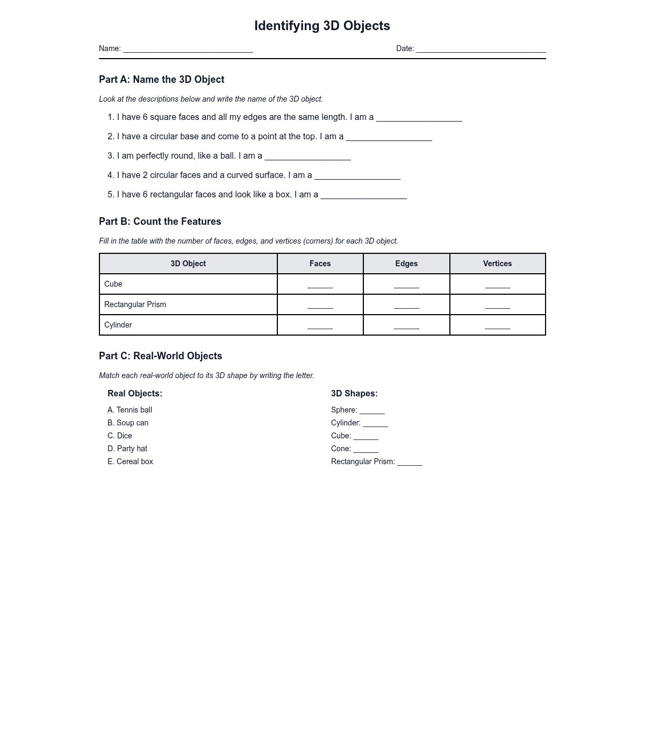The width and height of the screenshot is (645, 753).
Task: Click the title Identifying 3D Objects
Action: (x=322, y=26)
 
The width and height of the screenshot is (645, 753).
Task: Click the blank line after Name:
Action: (x=188, y=49)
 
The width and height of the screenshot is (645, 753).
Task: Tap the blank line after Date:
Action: (x=481, y=49)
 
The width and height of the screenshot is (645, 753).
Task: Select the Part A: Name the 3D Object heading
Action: (x=162, y=80)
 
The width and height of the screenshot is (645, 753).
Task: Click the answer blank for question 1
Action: (x=419, y=118)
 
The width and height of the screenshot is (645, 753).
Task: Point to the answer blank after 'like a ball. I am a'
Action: (x=307, y=157)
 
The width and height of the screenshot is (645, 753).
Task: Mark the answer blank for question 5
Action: (x=363, y=196)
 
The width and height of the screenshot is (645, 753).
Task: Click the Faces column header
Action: (x=320, y=264)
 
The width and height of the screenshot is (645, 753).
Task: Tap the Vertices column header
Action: (x=497, y=264)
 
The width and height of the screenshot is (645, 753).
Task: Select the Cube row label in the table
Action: (x=113, y=284)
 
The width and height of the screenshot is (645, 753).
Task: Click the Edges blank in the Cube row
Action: (x=406, y=285)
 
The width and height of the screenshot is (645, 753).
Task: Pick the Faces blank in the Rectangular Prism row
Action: (x=320, y=306)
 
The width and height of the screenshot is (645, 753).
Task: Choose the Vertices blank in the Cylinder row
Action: (x=497, y=326)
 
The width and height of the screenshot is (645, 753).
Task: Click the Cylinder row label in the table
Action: (x=118, y=325)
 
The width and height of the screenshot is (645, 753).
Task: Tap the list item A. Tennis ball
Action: (x=130, y=410)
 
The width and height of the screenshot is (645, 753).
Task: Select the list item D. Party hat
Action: (x=127, y=449)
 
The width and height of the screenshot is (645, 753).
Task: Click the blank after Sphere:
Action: (x=372, y=411)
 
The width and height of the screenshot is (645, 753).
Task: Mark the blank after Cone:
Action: (x=365, y=450)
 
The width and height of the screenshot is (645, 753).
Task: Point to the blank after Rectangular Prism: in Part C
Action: (x=410, y=463)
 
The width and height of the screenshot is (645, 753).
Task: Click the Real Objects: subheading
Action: (x=135, y=394)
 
